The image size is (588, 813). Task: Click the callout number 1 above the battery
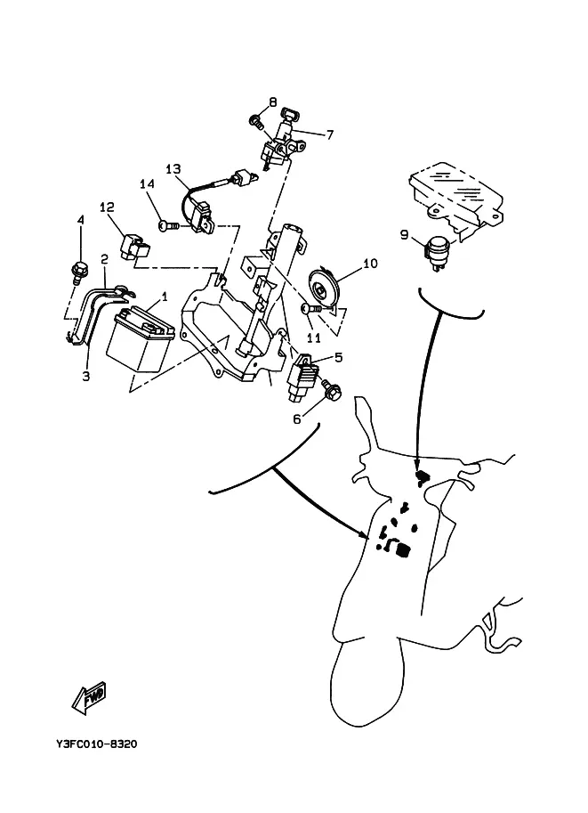(x=164, y=296)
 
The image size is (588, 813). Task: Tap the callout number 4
(x=80, y=220)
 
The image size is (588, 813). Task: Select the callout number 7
(x=329, y=135)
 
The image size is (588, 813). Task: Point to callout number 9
(x=404, y=235)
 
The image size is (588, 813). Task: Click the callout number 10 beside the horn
(x=370, y=264)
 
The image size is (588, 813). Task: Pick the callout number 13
(x=173, y=168)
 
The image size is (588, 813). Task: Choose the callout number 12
(x=107, y=207)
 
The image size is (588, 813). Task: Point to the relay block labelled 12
(x=131, y=245)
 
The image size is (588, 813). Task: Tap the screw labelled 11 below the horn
(x=309, y=307)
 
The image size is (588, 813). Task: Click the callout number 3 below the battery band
(x=86, y=376)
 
